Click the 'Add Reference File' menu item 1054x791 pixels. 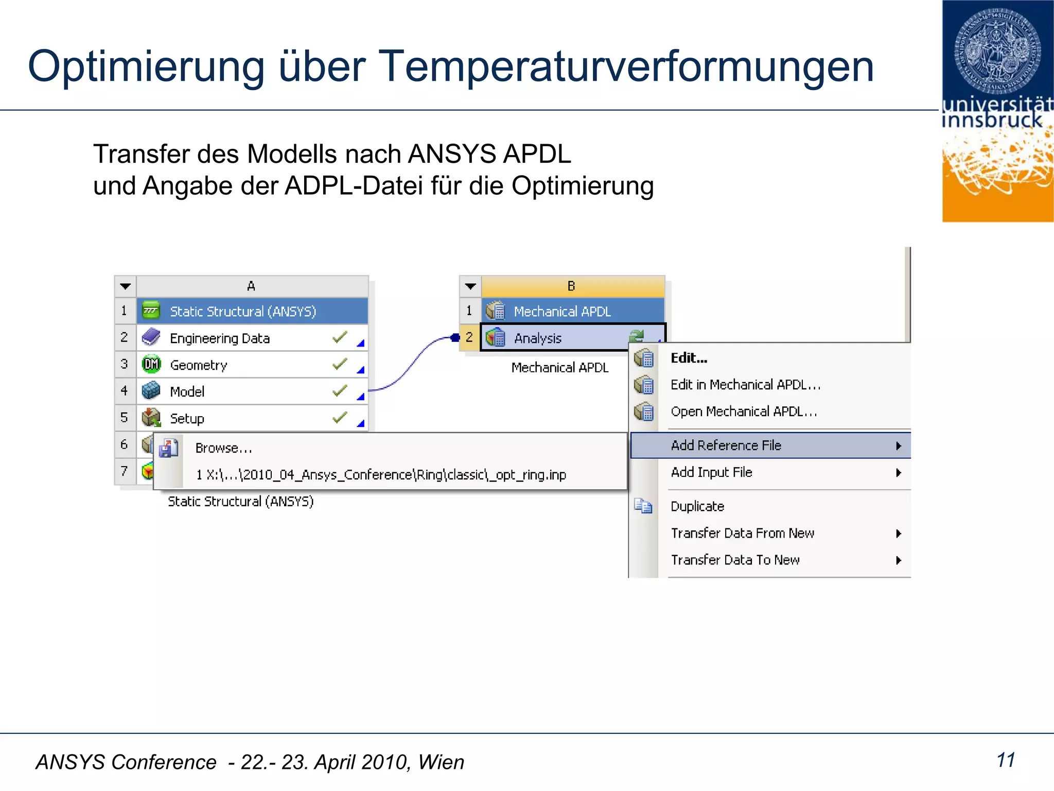coord(726,445)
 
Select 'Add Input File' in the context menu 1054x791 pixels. coord(711,472)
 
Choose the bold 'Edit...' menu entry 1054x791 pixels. coord(689,358)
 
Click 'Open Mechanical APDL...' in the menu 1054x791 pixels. coord(743,411)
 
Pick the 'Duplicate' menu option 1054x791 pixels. coord(697,506)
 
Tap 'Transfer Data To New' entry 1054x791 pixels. coord(735,560)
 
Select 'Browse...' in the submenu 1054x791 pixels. coord(223,448)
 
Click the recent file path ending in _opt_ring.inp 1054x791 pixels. coord(381,475)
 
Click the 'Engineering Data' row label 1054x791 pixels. coord(220,338)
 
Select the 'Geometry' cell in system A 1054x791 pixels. coord(199,365)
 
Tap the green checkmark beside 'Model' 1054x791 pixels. coord(340,391)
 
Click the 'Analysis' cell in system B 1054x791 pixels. coord(538,338)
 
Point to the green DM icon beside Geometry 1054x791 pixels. coord(151,365)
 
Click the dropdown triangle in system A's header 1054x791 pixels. coord(125,286)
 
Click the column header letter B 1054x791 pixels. coord(571,286)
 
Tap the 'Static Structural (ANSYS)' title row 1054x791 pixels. coord(243,312)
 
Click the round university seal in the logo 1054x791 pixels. coord(997,49)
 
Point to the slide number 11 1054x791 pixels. coord(1006,760)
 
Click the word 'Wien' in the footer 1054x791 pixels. coord(441,762)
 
